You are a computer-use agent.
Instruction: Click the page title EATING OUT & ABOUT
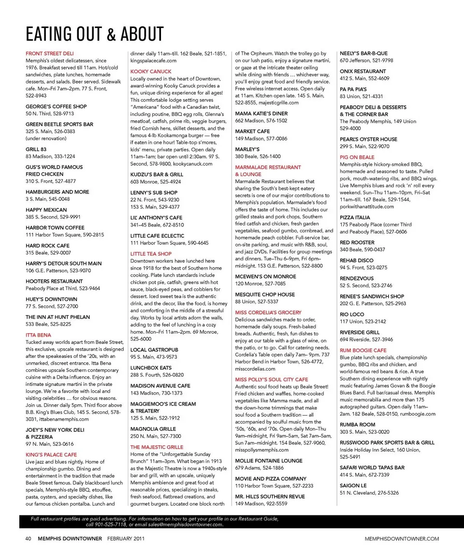[x=95, y=34]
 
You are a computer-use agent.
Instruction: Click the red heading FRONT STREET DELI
[x=50, y=54]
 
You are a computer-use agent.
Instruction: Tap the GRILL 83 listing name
[x=36, y=149]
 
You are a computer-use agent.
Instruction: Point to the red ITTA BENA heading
[x=38, y=335]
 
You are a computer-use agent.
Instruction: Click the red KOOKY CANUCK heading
[x=151, y=71]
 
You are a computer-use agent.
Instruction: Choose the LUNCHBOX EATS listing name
[x=151, y=368]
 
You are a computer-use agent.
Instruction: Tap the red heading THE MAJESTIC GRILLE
[x=157, y=447]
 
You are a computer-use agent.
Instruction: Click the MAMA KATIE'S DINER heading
[x=261, y=114]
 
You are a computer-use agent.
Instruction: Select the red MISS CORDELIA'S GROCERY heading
[x=268, y=313]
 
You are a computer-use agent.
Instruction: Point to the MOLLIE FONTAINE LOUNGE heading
[x=269, y=461]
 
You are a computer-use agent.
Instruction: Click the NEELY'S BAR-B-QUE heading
[x=363, y=54]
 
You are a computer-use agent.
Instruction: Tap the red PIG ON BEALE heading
[x=357, y=157]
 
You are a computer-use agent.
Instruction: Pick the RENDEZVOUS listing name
[x=357, y=278]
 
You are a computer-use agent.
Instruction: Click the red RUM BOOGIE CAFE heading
[x=363, y=350]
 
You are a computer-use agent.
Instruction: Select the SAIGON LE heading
[x=353, y=485]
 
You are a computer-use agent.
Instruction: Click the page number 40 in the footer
[x=29, y=539]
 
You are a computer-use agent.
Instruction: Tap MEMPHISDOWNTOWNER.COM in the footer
[x=402, y=539]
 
